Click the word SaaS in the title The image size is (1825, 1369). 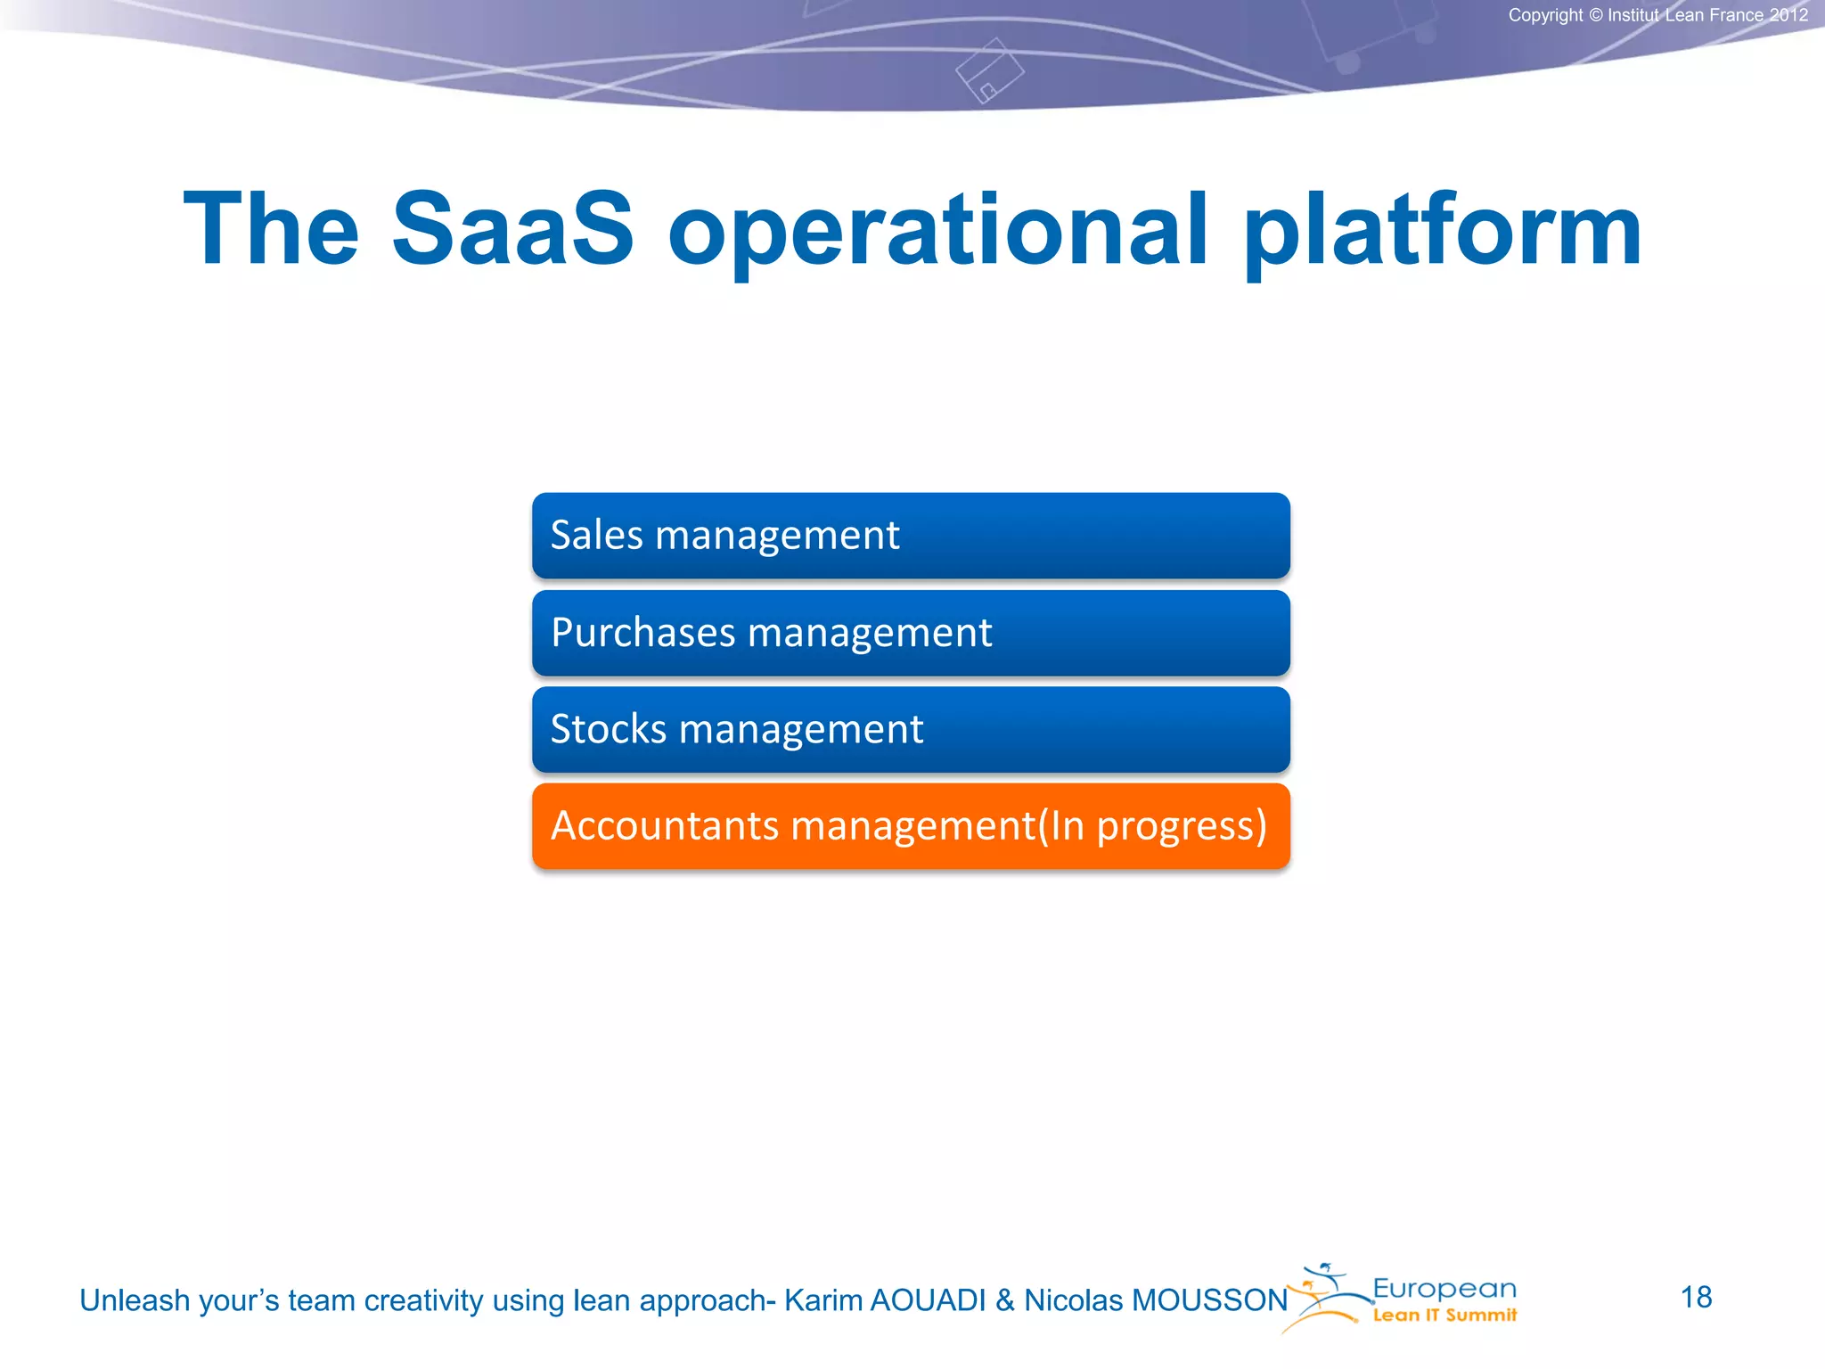pos(512,229)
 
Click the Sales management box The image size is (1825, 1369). pos(911,536)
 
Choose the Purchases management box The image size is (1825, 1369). pos(911,633)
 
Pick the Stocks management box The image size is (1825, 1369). pos(911,729)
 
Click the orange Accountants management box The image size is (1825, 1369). pos(911,826)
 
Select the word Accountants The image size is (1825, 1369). pos(665,826)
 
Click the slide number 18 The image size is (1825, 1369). pos(1696,1298)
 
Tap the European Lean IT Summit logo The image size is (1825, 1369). pos(1408,1299)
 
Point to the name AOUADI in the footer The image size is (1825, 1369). pos(928,1300)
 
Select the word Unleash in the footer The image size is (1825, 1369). pos(135,1300)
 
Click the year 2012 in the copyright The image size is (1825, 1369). pos(1788,15)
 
